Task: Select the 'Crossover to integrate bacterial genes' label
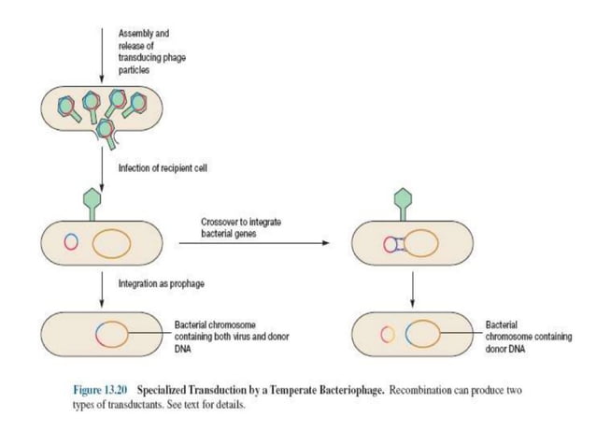click(241, 226)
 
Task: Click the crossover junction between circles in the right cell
click(399, 244)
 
